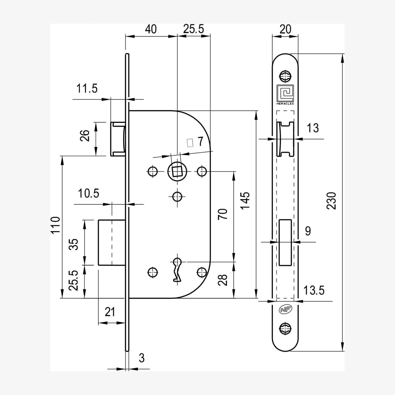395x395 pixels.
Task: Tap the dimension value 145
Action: (245, 201)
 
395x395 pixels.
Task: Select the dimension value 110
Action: (56, 225)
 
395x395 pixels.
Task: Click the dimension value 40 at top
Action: (151, 29)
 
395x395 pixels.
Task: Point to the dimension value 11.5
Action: (87, 89)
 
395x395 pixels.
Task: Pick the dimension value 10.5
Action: (89, 193)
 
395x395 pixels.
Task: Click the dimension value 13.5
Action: (314, 290)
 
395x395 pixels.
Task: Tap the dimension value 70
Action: (223, 214)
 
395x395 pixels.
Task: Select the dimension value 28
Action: (223, 280)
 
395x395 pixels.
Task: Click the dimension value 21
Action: (110, 312)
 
